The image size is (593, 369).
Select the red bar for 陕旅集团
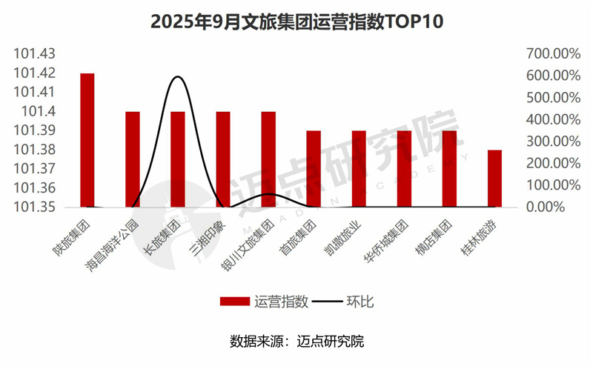[87, 140]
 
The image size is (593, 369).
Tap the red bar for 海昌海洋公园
[133, 159]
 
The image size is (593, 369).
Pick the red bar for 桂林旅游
[494, 178]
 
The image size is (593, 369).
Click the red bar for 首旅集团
[314, 168]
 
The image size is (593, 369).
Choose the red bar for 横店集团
[449, 168]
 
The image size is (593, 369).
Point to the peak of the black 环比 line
[178, 76]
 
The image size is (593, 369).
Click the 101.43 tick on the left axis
[35, 54]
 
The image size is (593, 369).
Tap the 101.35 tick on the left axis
[35, 207]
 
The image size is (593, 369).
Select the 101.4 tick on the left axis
[39, 111]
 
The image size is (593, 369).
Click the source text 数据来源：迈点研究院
[296, 342]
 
